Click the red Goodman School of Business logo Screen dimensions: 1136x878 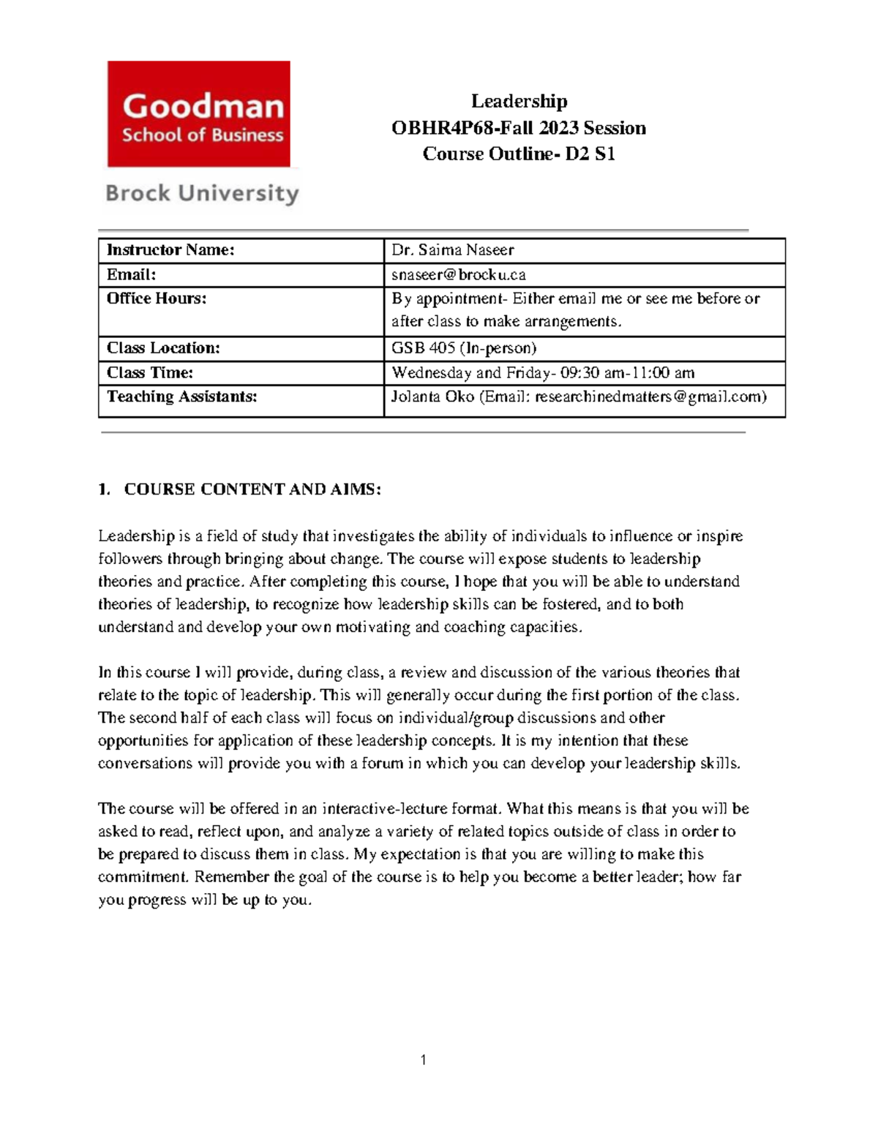point(199,114)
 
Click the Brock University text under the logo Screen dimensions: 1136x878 point(203,194)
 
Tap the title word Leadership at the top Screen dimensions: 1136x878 point(519,101)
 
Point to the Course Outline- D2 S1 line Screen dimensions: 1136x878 point(519,154)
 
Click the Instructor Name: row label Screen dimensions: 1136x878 point(170,250)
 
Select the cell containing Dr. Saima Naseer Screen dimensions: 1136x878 point(453,250)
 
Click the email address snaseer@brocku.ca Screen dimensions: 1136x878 point(459,275)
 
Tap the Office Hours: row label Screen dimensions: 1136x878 point(157,298)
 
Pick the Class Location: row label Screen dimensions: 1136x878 point(163,348)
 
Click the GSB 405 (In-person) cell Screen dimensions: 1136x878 point(464,348)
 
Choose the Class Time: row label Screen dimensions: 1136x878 point(150,373)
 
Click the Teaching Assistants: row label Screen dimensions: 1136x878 point(182,397)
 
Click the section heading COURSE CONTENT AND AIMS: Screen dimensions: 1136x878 point(252,489)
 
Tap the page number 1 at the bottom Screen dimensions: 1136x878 point(424,1060)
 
